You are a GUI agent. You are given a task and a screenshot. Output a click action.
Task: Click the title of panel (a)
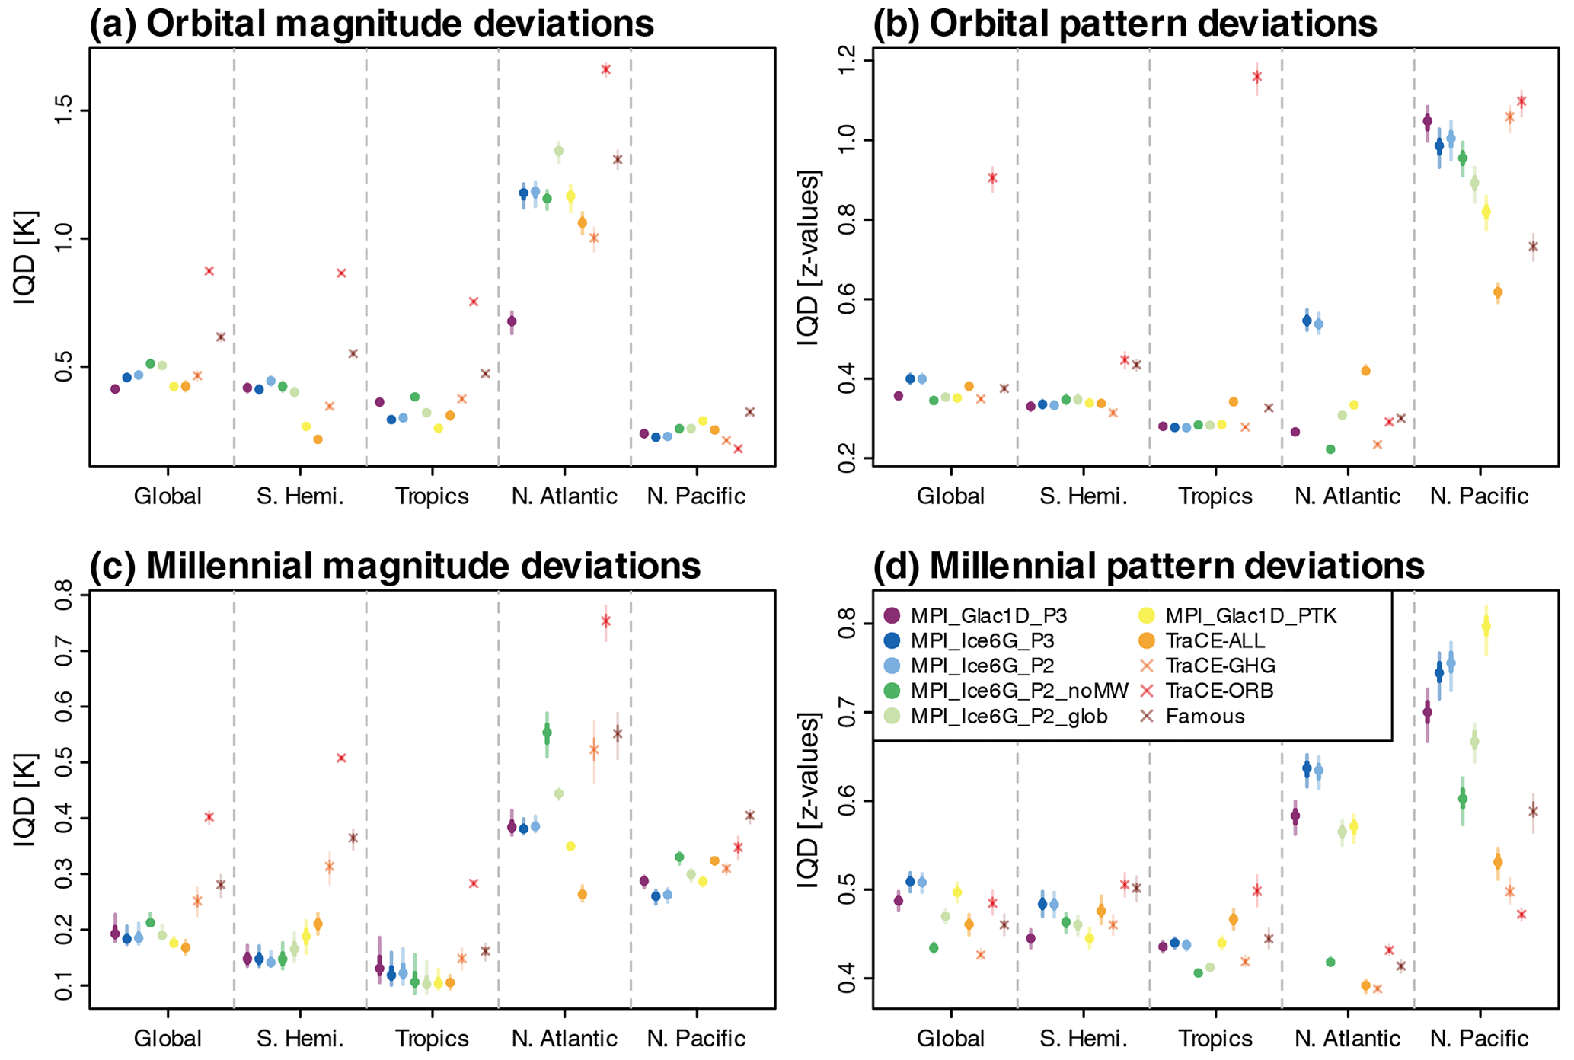(x=372, y=24)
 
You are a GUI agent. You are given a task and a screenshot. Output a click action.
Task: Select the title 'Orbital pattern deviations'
(x=1125, y=24)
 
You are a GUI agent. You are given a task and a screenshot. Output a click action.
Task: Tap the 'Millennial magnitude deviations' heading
(x=395, y=566)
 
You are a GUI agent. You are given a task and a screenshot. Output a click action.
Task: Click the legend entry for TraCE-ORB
(x=1206, y=691)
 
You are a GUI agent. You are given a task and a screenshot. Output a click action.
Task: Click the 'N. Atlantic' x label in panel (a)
(x=564, y=497)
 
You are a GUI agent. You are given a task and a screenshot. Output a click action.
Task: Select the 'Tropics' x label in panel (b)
(x=1215, y=497)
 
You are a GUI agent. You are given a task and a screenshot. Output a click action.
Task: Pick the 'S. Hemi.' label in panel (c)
(x=300, y=1039)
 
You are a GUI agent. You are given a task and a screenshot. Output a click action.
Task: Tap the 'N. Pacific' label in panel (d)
(x=1479, y=1039)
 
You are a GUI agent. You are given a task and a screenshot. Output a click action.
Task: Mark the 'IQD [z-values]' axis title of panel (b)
(x=809, y=260)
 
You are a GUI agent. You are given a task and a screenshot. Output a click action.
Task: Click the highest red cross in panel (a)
(x=605, y=69)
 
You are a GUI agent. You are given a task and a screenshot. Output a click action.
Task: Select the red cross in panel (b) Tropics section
(x=1256, y=77)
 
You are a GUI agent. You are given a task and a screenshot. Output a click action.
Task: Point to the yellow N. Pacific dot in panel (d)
(x=1485, y=627)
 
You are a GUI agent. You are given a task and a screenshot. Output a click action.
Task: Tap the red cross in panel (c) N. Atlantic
(x=605, y=621)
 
